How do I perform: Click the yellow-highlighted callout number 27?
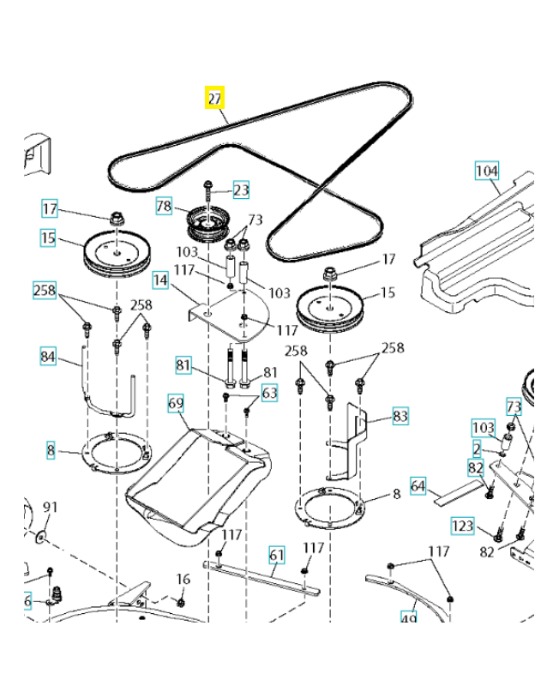tap(214, 98)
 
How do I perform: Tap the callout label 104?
tap(487, 171)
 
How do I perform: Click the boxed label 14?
tap(160, 279)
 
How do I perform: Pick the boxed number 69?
tap(176, 401)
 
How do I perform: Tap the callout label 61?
tap(276, 554)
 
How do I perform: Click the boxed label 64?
tap(418, 484)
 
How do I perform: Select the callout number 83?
tap(400, 417)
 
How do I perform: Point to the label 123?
tap(462, 525)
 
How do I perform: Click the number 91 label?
tap(50, 508)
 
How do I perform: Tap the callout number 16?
tap(183, 580)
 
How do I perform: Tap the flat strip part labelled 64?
tap(459, 492)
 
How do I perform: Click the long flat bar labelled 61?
tap(261, 576)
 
